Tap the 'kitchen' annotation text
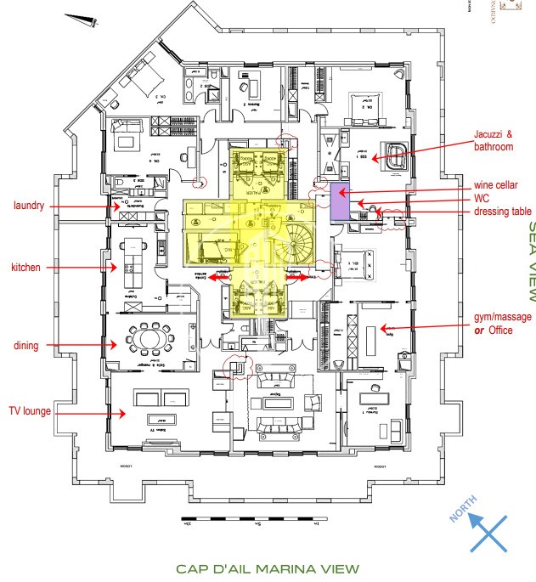[x=25, y=268]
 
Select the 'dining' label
[x=25, y=345]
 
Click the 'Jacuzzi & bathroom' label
[x=494, y=140]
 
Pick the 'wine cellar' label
[x=497, y=184]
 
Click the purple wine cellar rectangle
[x=339, y=201]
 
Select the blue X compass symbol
[x=488, y=532]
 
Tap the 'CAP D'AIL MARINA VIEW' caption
[x=267, y=568]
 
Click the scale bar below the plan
[x=250, y=518]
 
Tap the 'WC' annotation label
[x=482, y=197]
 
